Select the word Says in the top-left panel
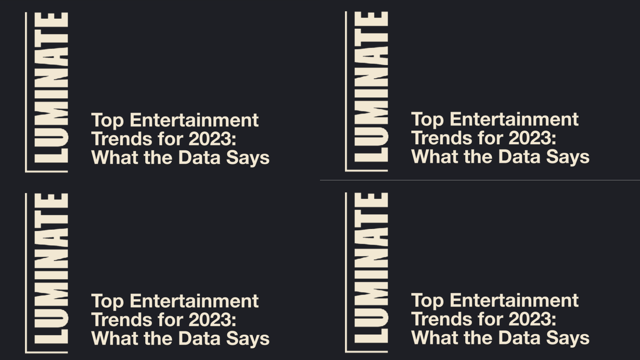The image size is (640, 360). click(x=248, y=158)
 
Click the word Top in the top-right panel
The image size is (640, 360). click(x=427, y=120)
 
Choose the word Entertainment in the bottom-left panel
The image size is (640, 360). click(x=194, y=301)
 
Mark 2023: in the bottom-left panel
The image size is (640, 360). click(x=212, y=320)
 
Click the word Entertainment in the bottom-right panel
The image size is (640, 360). click(x=514, y=300)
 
